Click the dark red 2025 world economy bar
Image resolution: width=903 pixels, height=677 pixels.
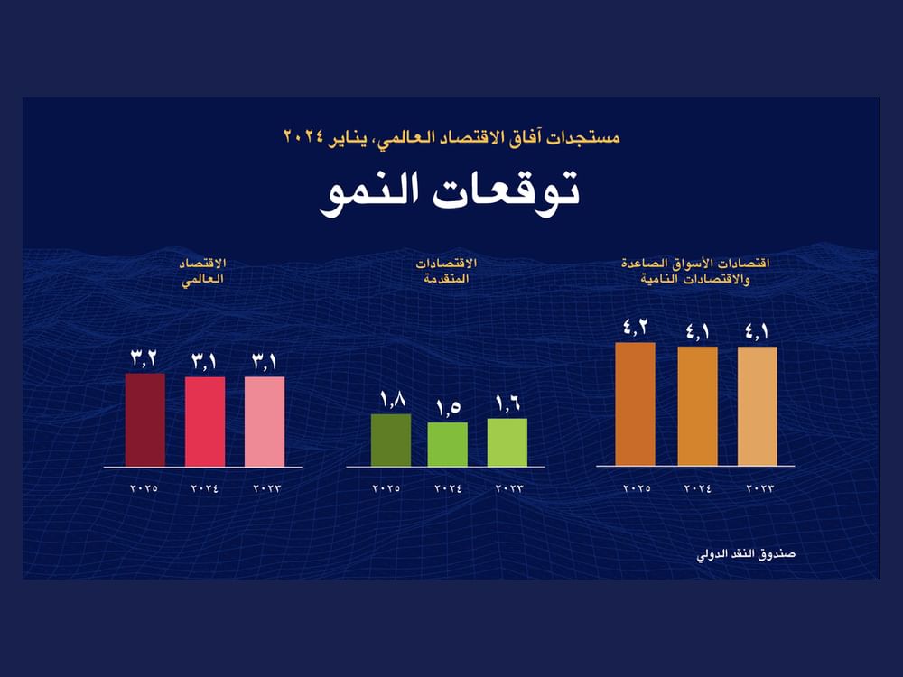click(144, 420)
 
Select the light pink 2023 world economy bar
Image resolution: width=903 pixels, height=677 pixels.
click(265, 422)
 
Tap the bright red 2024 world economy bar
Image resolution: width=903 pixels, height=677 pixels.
click(205, 422)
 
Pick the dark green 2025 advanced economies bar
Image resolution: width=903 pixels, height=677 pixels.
click(391, 441)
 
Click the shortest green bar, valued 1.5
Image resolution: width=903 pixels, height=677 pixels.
click(447, 444)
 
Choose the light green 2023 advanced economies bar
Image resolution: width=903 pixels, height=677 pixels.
click(507, 442)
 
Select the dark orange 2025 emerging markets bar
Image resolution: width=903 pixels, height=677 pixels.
click(635, 404)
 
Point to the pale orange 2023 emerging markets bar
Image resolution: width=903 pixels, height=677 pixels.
click(757, 406)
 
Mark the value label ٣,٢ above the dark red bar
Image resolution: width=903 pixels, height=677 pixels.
click(144, 358)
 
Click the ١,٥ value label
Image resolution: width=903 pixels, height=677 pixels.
click(448, 407)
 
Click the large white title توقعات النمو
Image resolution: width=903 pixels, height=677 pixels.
click(450, 192)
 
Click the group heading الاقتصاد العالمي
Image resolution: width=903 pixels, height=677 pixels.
click(201, 271)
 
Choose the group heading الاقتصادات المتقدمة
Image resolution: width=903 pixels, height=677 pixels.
click(446, 271)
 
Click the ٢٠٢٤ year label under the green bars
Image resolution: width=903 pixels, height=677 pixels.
click(448, 488)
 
